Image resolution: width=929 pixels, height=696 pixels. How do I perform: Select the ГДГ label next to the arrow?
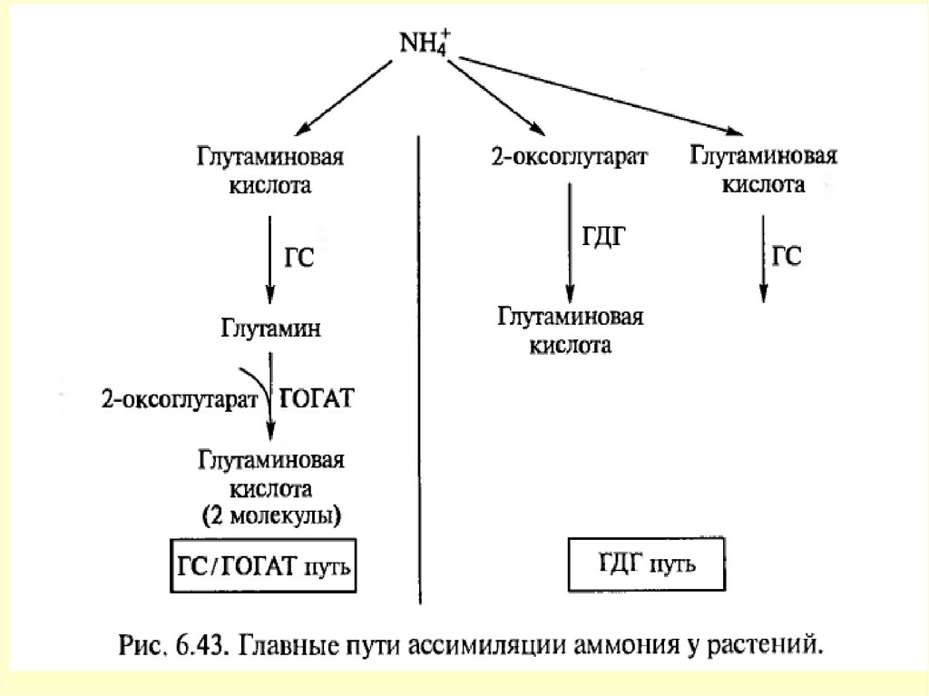point(603,239)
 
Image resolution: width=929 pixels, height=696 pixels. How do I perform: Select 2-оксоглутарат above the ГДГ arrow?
point(569,157)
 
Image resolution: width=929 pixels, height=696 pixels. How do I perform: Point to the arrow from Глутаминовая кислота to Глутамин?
point(269,259)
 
